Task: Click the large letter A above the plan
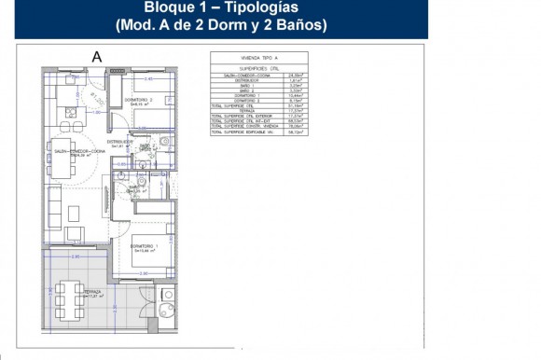click(x=96, y=57)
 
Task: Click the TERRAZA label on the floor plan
click(x=92, y=292)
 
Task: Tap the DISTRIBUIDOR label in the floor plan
click(x=123, y=142)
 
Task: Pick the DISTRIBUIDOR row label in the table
click(x=241, y=82)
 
